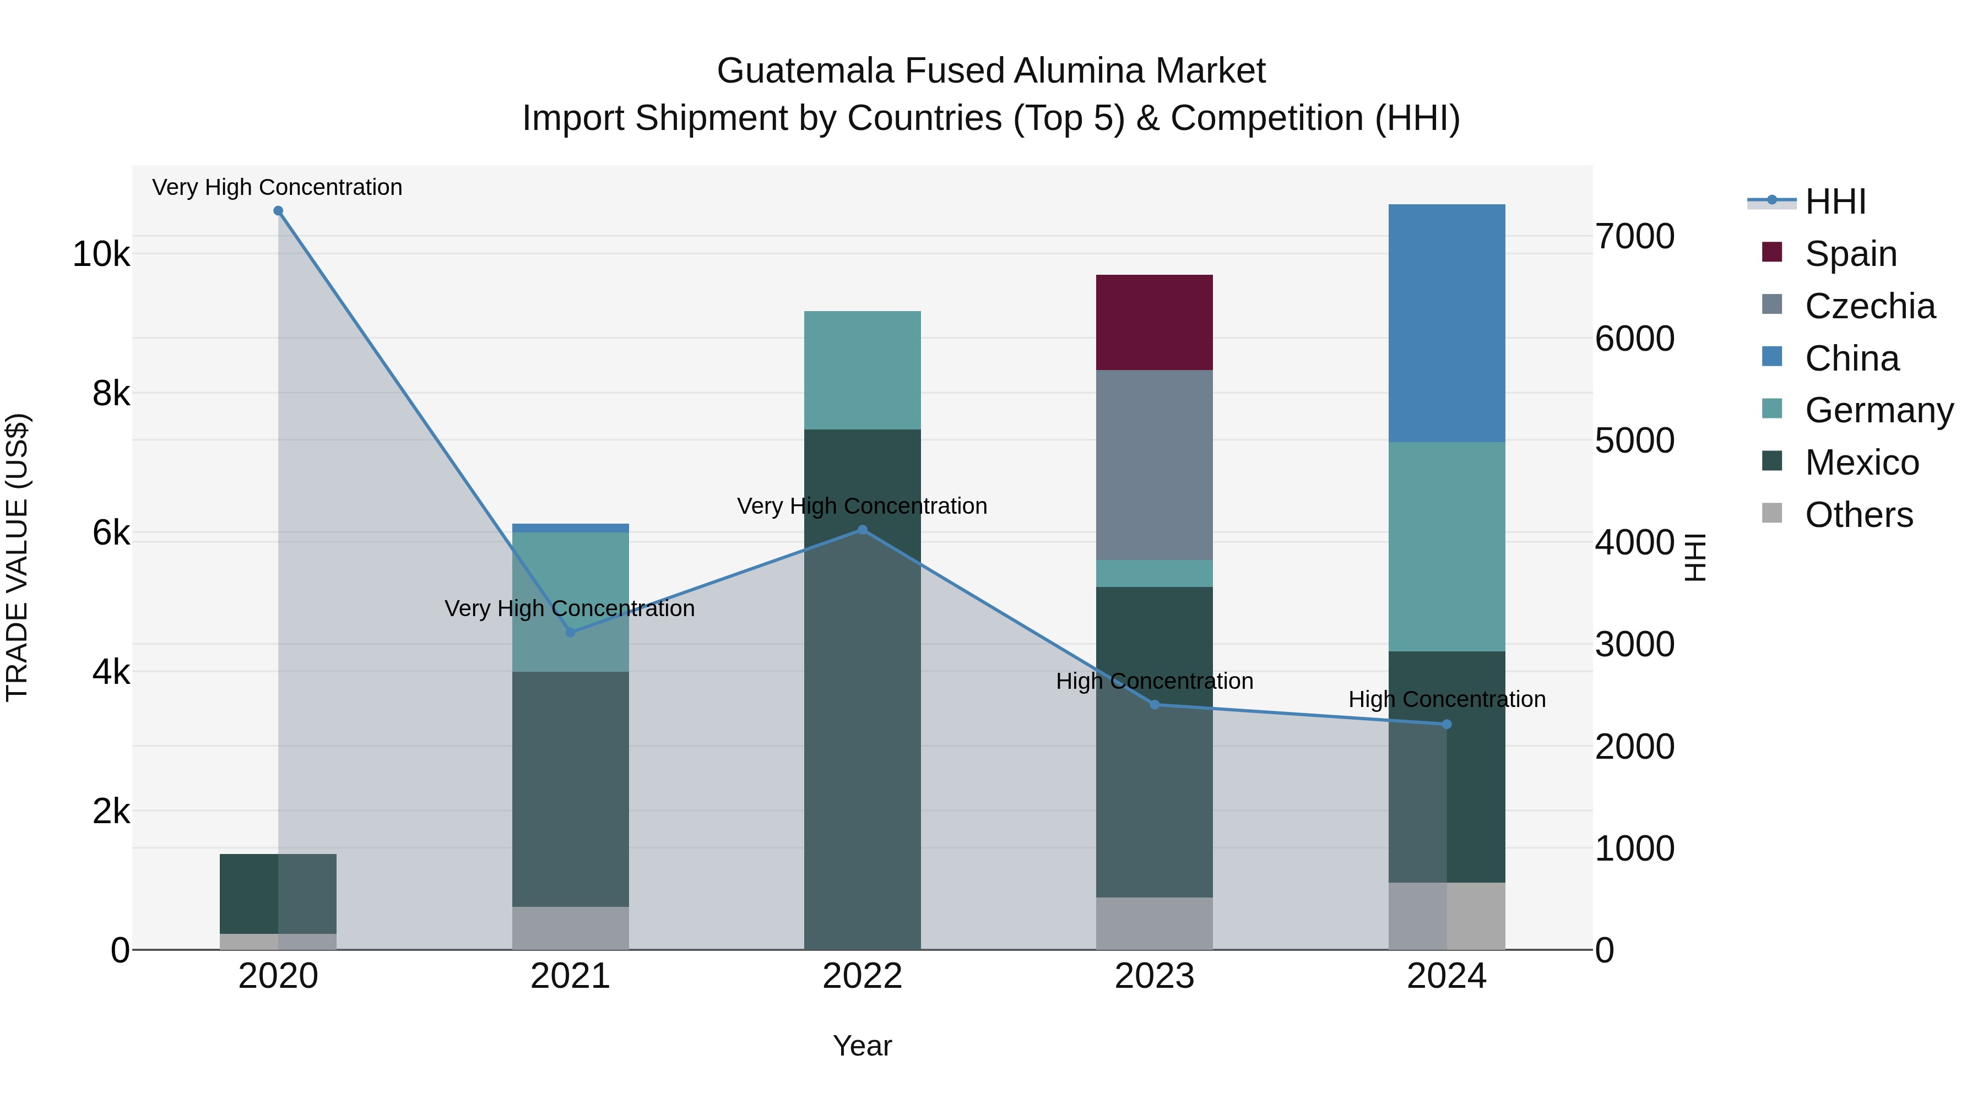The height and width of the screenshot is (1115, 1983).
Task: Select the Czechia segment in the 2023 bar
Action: [x=1154, y=464]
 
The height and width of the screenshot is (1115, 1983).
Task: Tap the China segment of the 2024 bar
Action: [x=1446, y=323]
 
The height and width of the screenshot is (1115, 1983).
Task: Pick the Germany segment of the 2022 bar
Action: [x=862, y=369]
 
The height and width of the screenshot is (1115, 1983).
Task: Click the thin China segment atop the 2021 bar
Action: [x=571, y=528]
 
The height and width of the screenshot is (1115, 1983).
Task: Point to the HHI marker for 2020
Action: [x=279, y=211]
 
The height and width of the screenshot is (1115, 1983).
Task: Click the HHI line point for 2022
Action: [x=862, y=530]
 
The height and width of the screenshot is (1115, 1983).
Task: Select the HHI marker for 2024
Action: [x=1446, y=724]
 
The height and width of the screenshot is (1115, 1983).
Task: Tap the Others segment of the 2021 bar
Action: [x=571, y=927]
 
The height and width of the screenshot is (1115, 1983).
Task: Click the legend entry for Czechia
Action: [x=1869, y=306]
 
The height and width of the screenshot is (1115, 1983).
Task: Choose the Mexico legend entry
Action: [x=1861, y=463]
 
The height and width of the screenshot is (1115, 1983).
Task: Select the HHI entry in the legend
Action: [x=1835, y=202]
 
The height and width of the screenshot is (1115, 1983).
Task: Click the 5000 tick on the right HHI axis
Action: [x=1634, y=441]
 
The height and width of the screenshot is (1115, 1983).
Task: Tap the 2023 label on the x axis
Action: [x=1154, y=976]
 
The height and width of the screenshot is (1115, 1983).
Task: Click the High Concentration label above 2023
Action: [x=1154, y=681]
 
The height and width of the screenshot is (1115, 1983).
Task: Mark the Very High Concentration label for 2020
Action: [x=277, y=187]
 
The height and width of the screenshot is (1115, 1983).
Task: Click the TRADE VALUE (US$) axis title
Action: [x=17, y=557]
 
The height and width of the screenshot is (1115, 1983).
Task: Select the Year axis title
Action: [x=862, y=1046]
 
